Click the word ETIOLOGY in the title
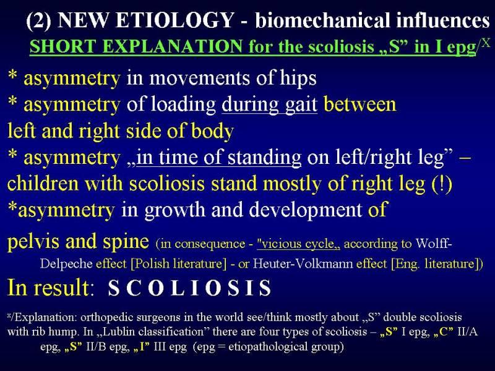click(174, 20)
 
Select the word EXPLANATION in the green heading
click(173, 47)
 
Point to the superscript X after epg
click(486, 43)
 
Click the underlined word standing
click(264, 158)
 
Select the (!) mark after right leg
click(442, 184)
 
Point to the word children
click(43, 184)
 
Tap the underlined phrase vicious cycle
click(299, 244)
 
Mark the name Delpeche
click(66, 264)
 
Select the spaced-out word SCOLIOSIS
click(189, 288)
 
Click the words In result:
click(51, 288)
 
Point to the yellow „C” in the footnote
click(444, 332)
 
